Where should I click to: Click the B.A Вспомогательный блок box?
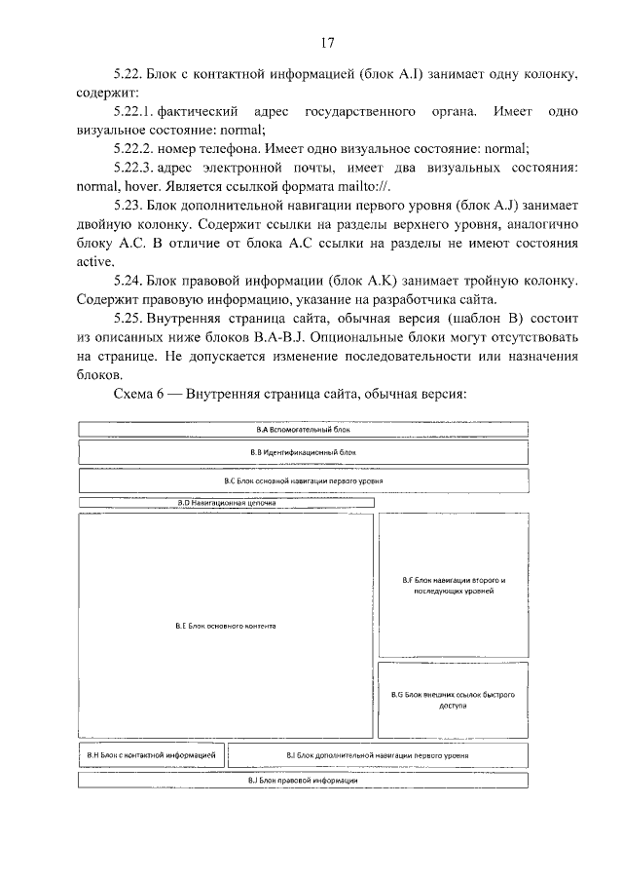tap(303, 429)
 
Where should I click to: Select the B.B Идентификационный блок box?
tap(303, 452)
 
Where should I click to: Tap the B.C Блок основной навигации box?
tap(303, 481)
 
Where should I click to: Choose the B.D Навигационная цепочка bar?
tap(226, 503)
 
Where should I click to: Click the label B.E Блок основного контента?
tap(226, 626)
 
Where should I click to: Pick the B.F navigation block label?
tap(454, 586)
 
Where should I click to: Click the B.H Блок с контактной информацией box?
tap(151, 755)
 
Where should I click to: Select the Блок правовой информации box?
tap(303, 781)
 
